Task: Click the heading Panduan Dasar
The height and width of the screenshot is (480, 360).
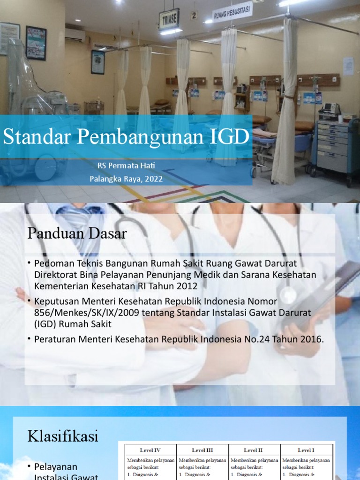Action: pyautogui.click(x=77, y=233)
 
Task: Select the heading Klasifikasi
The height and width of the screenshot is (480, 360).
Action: pyautogui.click(x=63, y=436)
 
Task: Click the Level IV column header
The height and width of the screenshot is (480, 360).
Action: pyautogui.click(x=150, y=450)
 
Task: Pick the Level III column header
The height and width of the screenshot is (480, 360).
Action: pyautogui.click(x=202, y=450)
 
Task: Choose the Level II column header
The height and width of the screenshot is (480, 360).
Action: pyautogui.click(x=254, y=450)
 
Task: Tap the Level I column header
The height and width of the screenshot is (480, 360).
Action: pyautogui.click(x=306, y=450)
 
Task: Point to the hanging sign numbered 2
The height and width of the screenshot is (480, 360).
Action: pyautogui.click(x=194, y=15)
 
